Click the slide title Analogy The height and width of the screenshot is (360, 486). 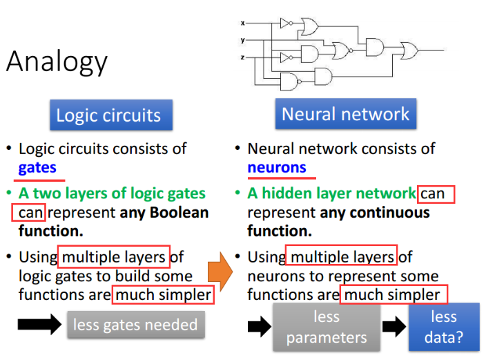coord(57,62)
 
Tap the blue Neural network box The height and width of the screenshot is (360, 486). coord(345,114)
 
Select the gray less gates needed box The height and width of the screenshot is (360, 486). coord(135,324)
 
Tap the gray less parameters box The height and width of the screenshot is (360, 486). coord(326,327)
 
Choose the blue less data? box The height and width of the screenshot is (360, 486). coord(444,327)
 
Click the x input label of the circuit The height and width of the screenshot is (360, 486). coord(242,23)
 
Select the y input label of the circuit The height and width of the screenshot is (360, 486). coord(242,40)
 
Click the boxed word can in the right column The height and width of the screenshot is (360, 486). coord(432,193)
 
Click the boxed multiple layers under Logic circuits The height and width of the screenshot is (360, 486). coord(114,258)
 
